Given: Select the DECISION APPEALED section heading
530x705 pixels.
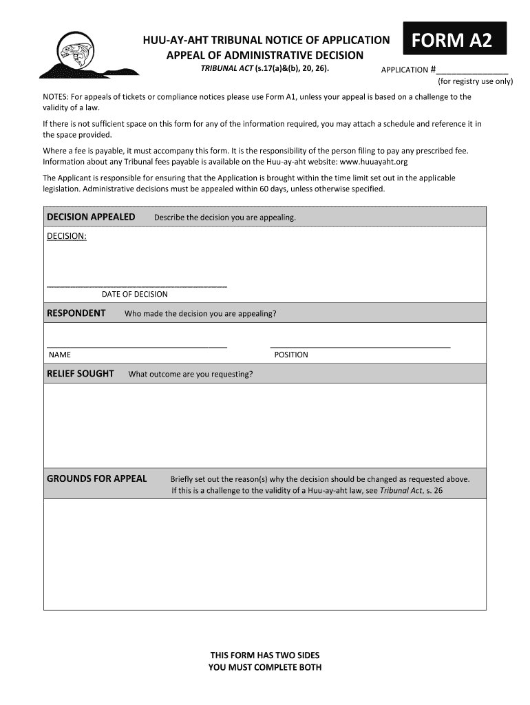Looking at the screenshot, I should pyautogui.click(x=91, y=217).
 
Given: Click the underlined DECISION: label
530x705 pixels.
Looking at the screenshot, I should pyautogui.click(x=67, y=236).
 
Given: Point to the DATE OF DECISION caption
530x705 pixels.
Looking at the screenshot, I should pyautogui.click(x=135, y=294).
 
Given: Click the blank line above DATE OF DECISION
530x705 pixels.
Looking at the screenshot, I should pyautogui.click(x=136, y=285).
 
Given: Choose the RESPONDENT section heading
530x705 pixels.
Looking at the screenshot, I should pyautogui.click(x=76, y=313).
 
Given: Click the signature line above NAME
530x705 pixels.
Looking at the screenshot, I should pyautogui.click(x=136, y=346).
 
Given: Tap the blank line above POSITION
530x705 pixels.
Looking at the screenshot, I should pyautogui.click(x=360, y=346).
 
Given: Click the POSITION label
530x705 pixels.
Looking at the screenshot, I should pyautogui.click(x=291, y=355).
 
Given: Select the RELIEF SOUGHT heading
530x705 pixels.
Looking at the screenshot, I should pyautogui.click(x=81, y=374).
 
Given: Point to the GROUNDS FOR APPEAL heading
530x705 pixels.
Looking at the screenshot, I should pyautogui.click(x=96, y=478).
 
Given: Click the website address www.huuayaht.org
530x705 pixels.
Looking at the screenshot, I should pyautogui.click(x=374, y=162).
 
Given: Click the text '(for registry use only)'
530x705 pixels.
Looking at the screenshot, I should pyautogui.click(x=475, y=81).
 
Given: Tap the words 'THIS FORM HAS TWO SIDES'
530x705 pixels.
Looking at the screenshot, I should pyautogui.click(x=264, y=655).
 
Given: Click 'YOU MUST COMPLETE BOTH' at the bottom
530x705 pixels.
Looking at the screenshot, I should pyautogui.click(x=264, y=667).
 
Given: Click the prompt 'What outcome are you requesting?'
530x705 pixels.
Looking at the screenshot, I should pyautogui.click(x=191, y=375).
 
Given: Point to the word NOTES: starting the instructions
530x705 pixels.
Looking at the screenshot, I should pyautogui.click(x=56, y=97).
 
